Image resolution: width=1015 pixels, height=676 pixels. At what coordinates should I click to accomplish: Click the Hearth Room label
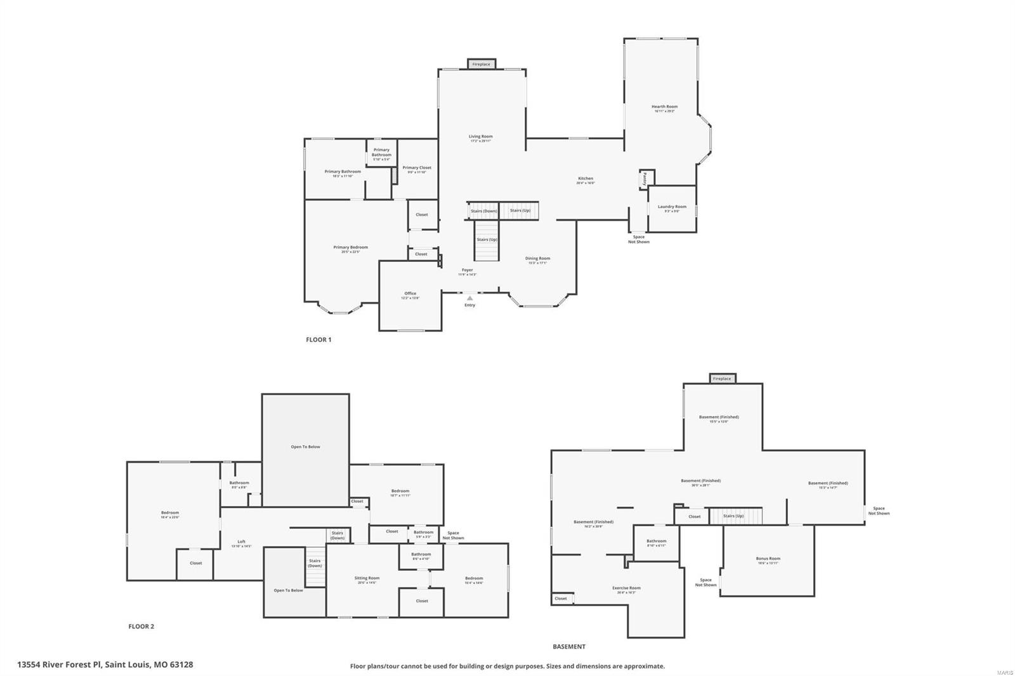click(x=664, y=107)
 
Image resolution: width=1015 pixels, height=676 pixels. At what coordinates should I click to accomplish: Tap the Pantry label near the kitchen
click(x=645, y=178)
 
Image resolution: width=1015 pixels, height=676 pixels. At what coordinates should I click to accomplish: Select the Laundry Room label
click(x=672, y=207)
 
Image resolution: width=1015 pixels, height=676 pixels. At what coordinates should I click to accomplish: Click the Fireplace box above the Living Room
click(x=481, y=64)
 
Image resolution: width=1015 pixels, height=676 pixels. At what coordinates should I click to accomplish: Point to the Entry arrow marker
click(x=469, y=297)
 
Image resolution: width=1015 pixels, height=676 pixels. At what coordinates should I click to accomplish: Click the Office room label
click(x=410, y=294)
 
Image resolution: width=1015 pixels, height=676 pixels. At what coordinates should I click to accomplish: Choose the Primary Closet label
click(x=417, y=168)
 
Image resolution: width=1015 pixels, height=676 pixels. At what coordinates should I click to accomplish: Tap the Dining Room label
click(x=537, y=259)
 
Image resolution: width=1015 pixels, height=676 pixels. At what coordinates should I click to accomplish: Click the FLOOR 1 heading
click(x=318, y=340)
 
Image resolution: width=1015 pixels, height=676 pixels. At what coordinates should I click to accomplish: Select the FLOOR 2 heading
click(x=141, y=627)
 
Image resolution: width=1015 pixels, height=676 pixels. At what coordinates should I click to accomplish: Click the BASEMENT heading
click(x=569, y=647)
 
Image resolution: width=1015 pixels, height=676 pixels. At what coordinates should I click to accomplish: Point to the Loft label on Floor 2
click(x=241, y=542)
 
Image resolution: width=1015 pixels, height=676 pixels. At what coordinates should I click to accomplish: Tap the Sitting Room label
click(x=367, y=578)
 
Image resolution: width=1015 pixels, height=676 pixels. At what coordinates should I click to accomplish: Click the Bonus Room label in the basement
click(x=768, y=559)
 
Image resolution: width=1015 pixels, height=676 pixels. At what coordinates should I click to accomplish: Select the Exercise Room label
click(x=626, y=588)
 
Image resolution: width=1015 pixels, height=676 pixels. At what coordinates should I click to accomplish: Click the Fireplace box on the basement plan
click(x=722, y=379)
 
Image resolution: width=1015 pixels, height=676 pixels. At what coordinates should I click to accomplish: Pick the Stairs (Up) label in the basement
click(x=733, y=516)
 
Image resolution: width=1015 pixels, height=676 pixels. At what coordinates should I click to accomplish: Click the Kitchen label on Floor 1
click(x=585, y=179)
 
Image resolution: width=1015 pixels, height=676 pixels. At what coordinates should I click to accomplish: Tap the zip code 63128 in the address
click(x=181, y=665)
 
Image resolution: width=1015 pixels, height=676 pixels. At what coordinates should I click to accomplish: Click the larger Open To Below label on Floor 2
click(x=305, y=447)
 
